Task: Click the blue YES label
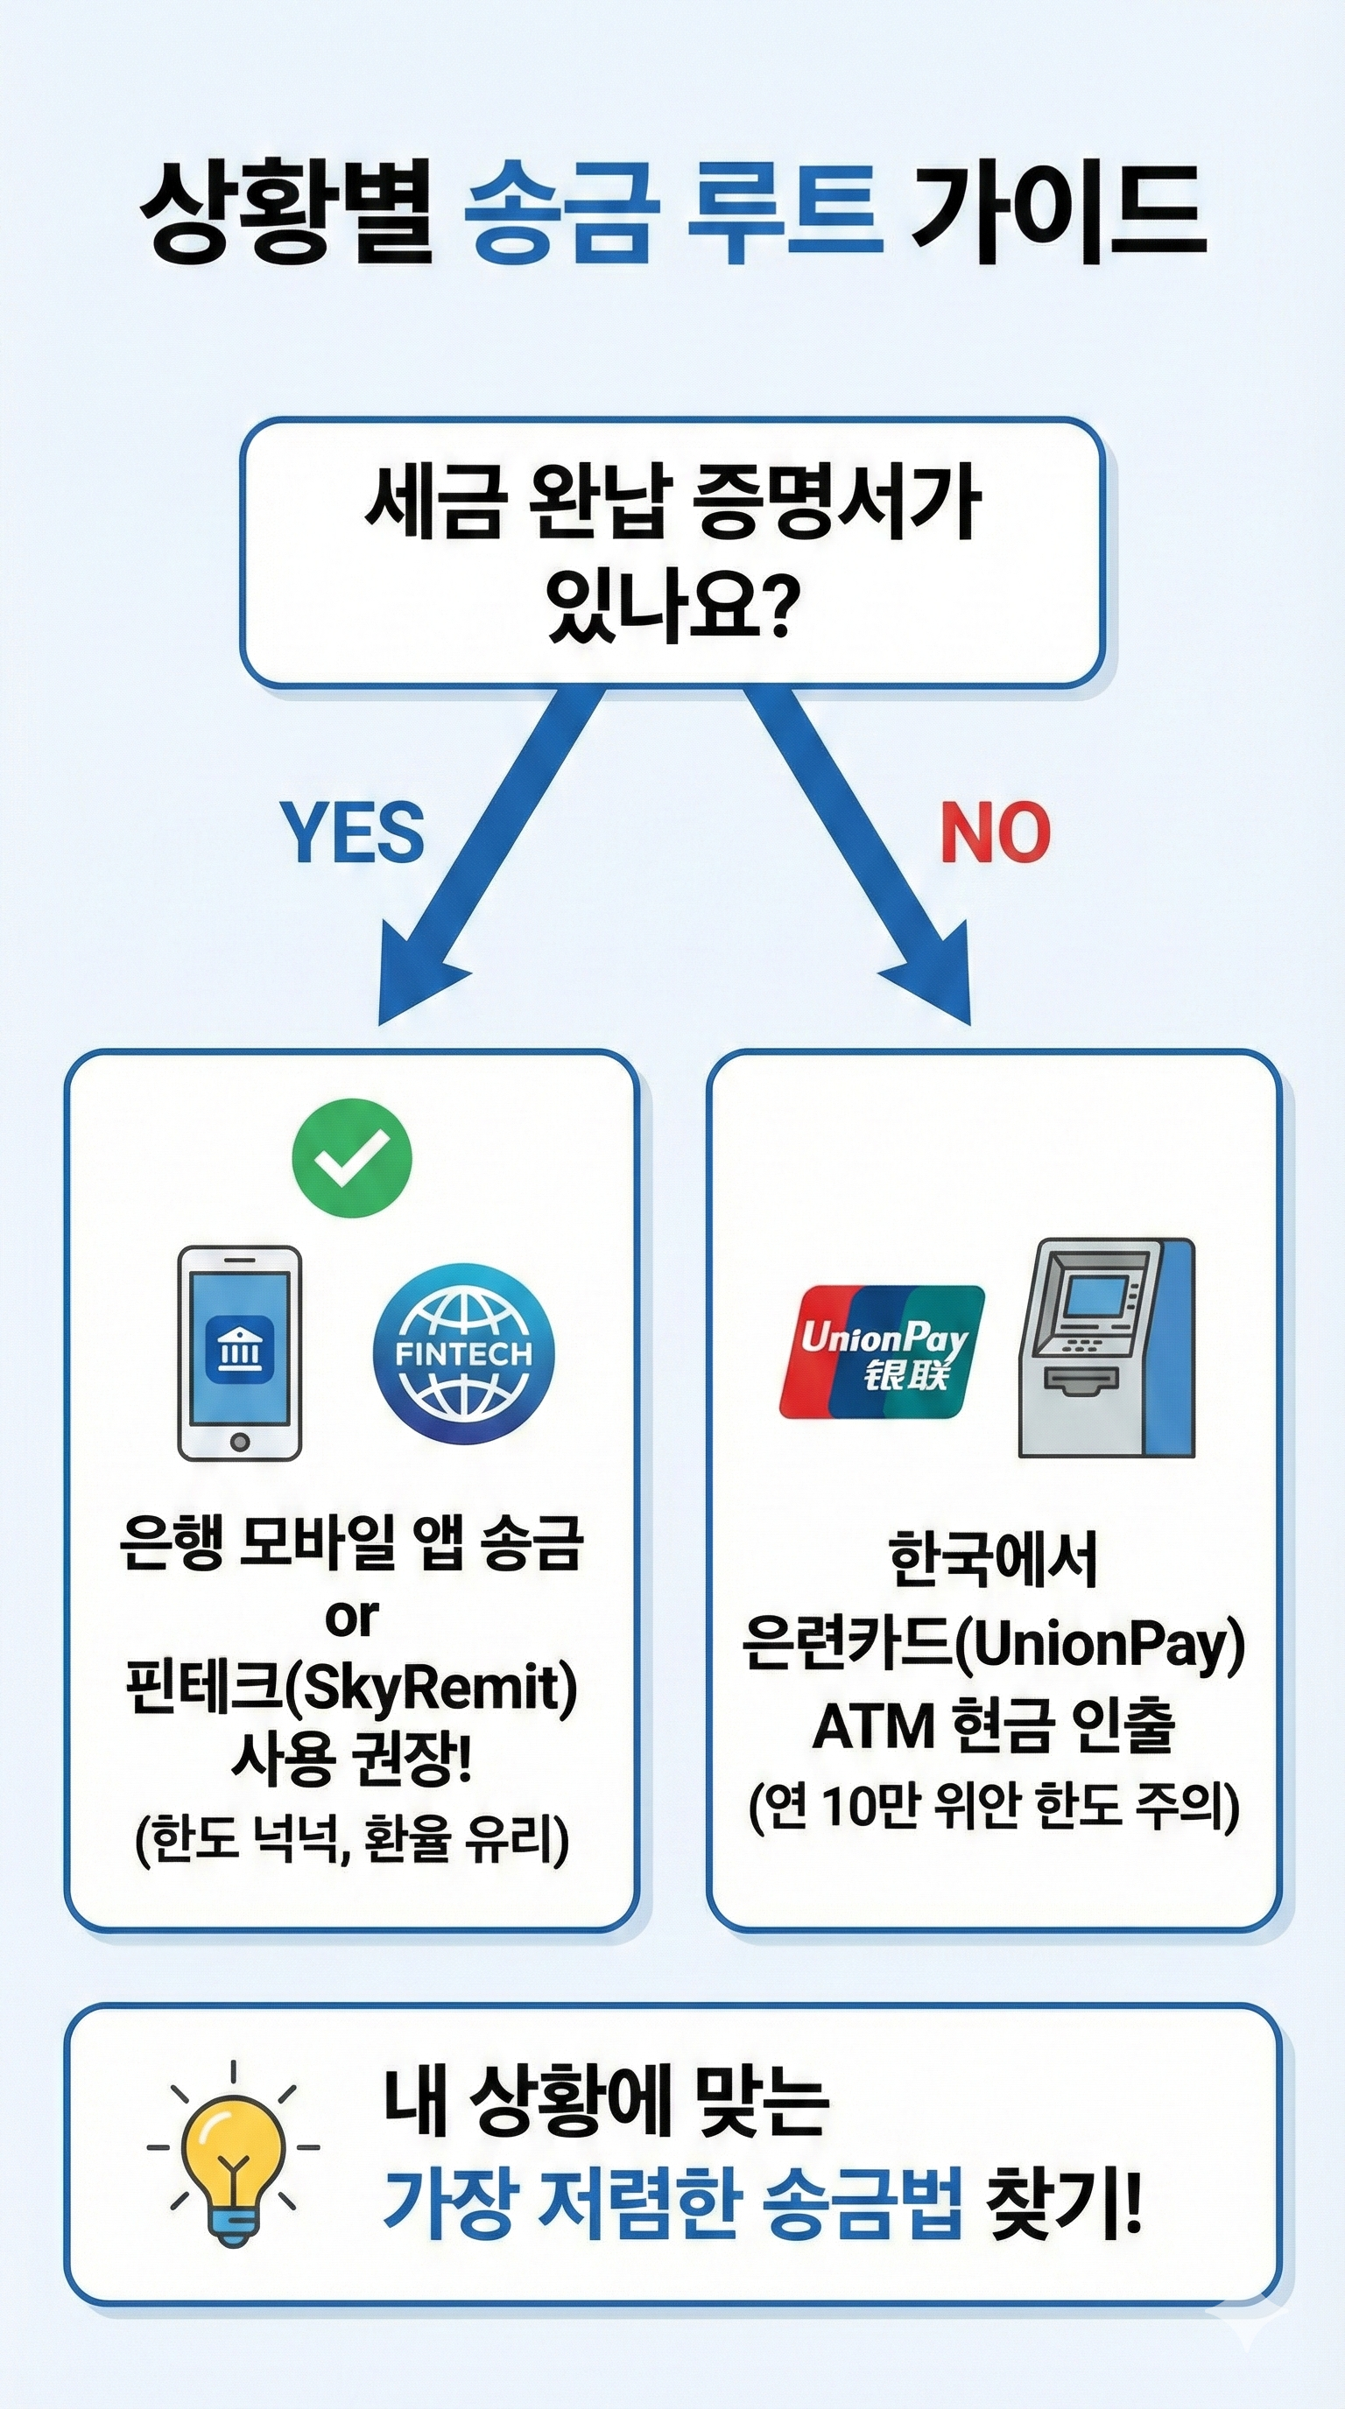[x=353, y=832]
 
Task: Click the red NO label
[x=996, y=832]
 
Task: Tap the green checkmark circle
[x=352, y=1158]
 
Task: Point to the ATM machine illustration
[x=1106, y=1347]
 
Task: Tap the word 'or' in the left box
[x=352, y=1617]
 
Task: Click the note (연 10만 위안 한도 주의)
[x=993, y=1806]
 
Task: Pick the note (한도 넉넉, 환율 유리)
[x=352, y=1839]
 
